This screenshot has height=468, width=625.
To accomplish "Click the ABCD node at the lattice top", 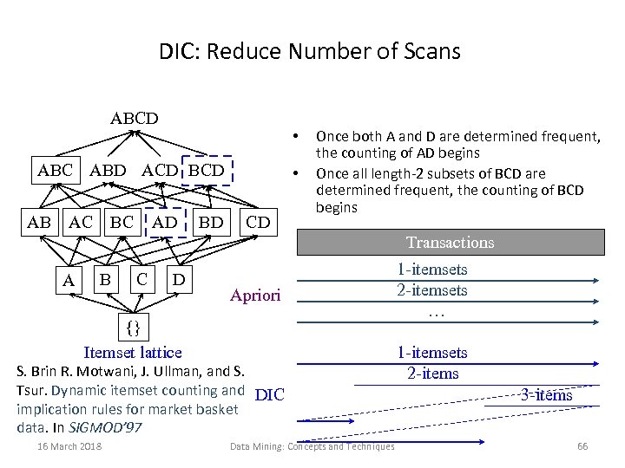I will point(134,118).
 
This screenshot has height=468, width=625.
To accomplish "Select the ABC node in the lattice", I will point(56,170).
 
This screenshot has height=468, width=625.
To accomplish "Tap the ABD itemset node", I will point(108,170).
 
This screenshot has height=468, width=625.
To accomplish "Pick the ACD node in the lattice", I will point(159,170).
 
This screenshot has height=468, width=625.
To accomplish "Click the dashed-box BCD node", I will point(207,170).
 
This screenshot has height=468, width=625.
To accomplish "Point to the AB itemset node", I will point(39,222).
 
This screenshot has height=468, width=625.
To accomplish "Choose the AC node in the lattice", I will point(81,222).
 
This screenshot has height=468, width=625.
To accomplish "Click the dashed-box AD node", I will point(164,222).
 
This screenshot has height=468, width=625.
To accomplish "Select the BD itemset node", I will point(211,222).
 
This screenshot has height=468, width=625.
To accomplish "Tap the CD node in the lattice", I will point(258,222).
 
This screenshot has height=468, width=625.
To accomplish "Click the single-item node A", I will point(68,281).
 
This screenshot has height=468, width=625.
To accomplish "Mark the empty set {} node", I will point(133,328).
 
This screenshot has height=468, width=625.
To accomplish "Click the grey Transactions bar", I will point(451,243).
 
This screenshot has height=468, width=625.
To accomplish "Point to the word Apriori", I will point(255,296).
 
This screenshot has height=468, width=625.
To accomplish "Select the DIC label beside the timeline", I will point(270,395).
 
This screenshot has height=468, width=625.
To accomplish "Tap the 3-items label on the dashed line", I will point(546,395).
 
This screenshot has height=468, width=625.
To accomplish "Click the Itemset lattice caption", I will point(133,352).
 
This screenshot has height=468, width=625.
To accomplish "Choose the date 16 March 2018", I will point(70,446).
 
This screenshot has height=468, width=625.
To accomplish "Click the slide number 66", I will point(582,446).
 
